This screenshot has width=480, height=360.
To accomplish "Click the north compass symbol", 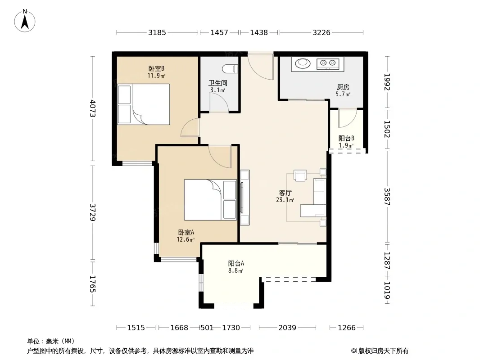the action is point(25,21).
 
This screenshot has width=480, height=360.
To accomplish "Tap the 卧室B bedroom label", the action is point(156,68).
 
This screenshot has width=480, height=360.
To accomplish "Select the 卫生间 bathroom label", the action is point(218,83).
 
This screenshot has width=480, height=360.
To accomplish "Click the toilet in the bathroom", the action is point(230,69).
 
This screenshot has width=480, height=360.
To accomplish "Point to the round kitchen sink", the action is point(303,63).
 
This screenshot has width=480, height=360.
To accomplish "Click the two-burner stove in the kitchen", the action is point(328,63).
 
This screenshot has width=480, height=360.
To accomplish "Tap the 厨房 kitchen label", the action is point(343,87).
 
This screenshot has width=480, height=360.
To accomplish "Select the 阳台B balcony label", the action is point(346,138).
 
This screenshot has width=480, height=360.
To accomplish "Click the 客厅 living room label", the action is point(285,193).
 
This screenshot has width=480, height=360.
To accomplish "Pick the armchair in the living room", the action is point(300,175).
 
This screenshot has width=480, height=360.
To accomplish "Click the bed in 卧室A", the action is point(210,200).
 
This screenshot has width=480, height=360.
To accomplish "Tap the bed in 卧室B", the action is point(144,104).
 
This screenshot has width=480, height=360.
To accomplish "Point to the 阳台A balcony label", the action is point(236,263).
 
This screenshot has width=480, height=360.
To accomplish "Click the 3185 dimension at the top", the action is point(157,32).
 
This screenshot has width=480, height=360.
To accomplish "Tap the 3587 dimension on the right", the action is point(387,197).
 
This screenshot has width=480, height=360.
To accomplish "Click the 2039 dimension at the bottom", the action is point(287,328).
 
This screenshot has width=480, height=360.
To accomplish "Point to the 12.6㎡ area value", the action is point(186,239).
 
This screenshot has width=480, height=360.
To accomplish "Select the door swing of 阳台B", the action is point(348,118).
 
